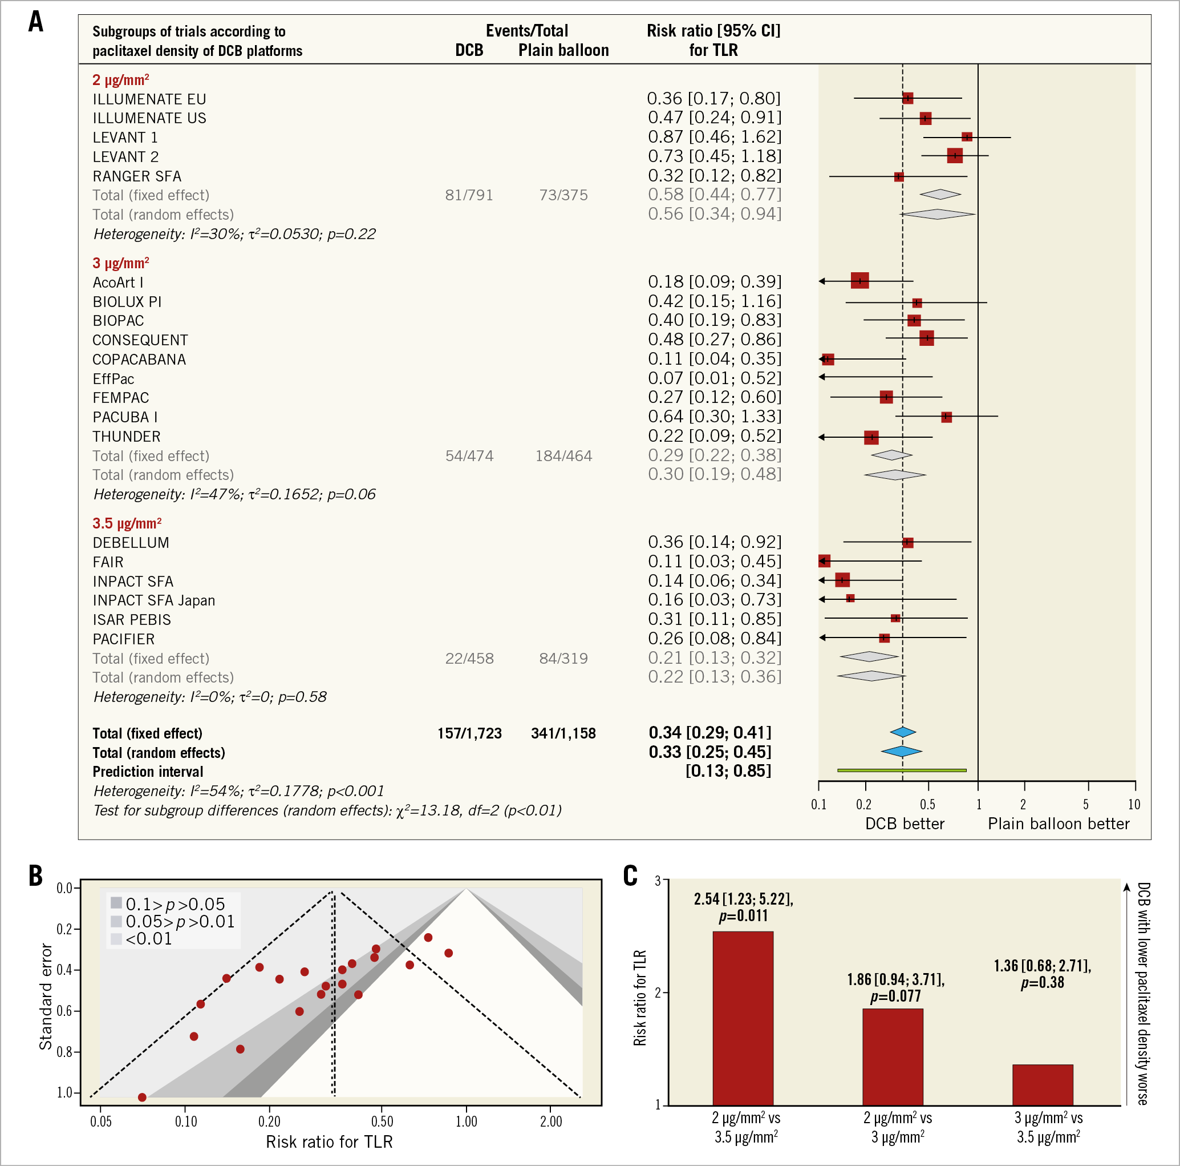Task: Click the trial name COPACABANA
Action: (139, 360)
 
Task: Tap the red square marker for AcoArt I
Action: (859, 281)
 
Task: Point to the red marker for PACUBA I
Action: (946, 417)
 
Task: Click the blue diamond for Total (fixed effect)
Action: (903, 732)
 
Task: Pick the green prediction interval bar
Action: (902, 770)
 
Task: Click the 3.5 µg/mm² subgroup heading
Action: (127, 524)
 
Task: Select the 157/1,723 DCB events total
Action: (469, 733)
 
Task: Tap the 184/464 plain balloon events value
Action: (563, 456)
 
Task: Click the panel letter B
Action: (36, 875)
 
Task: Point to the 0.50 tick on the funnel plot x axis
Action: (382, 1122)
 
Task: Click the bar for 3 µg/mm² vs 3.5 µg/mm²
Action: (1042, 1085)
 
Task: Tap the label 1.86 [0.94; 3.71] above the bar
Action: (895, 979)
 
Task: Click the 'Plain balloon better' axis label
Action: (1059, 824)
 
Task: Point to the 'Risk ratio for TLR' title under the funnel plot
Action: (329, 1141)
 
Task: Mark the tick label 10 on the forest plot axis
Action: (1134, 804)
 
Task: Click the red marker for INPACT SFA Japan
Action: (850, 598)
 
